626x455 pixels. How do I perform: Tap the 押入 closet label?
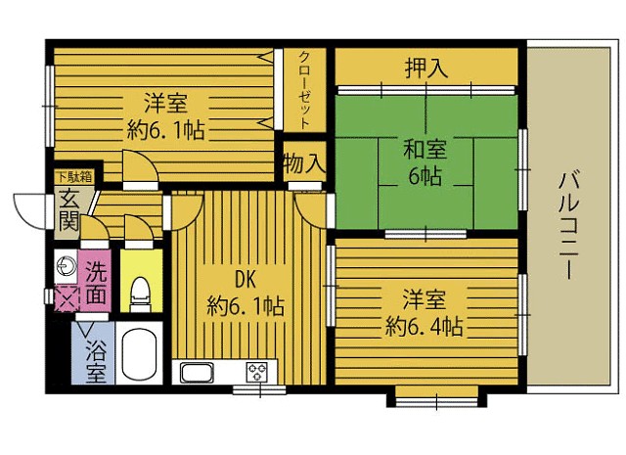click(426, 68)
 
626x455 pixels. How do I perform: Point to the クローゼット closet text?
click(305, 89)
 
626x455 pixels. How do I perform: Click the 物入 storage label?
click(303, 163)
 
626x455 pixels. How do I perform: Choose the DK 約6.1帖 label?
click(245, 293)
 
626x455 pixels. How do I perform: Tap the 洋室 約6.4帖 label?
click(424, 310)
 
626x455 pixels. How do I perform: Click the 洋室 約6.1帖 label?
click(165, 115)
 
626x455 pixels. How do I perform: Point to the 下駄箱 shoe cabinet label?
click(73, 177)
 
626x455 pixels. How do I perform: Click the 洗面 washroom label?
click(96, 279)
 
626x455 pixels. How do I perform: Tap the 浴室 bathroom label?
click(95, 360)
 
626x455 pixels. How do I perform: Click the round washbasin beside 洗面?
click(67, 265)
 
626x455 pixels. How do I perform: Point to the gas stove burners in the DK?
click(257, 372)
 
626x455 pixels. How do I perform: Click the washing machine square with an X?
click(67, 297)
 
